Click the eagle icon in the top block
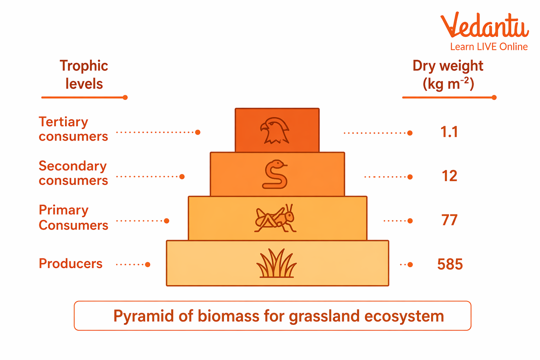coord(275,130)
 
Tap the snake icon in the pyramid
coord(275,174)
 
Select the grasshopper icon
coord(275,219)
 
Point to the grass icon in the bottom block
coord(276,263)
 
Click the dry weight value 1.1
coord(449,132)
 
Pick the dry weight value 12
coord(449,176)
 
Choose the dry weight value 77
coord(449,220)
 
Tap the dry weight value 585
coord(450,264)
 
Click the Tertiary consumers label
coord(73,129)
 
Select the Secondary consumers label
coord(73,173)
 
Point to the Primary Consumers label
coord(73,217)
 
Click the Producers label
coord(70,264)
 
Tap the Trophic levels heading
coord(84,75)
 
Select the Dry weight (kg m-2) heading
coord(448,75)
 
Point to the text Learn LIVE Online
coord(489,47)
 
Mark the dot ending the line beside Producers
coord(148,264)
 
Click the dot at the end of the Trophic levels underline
coord(125,97)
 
